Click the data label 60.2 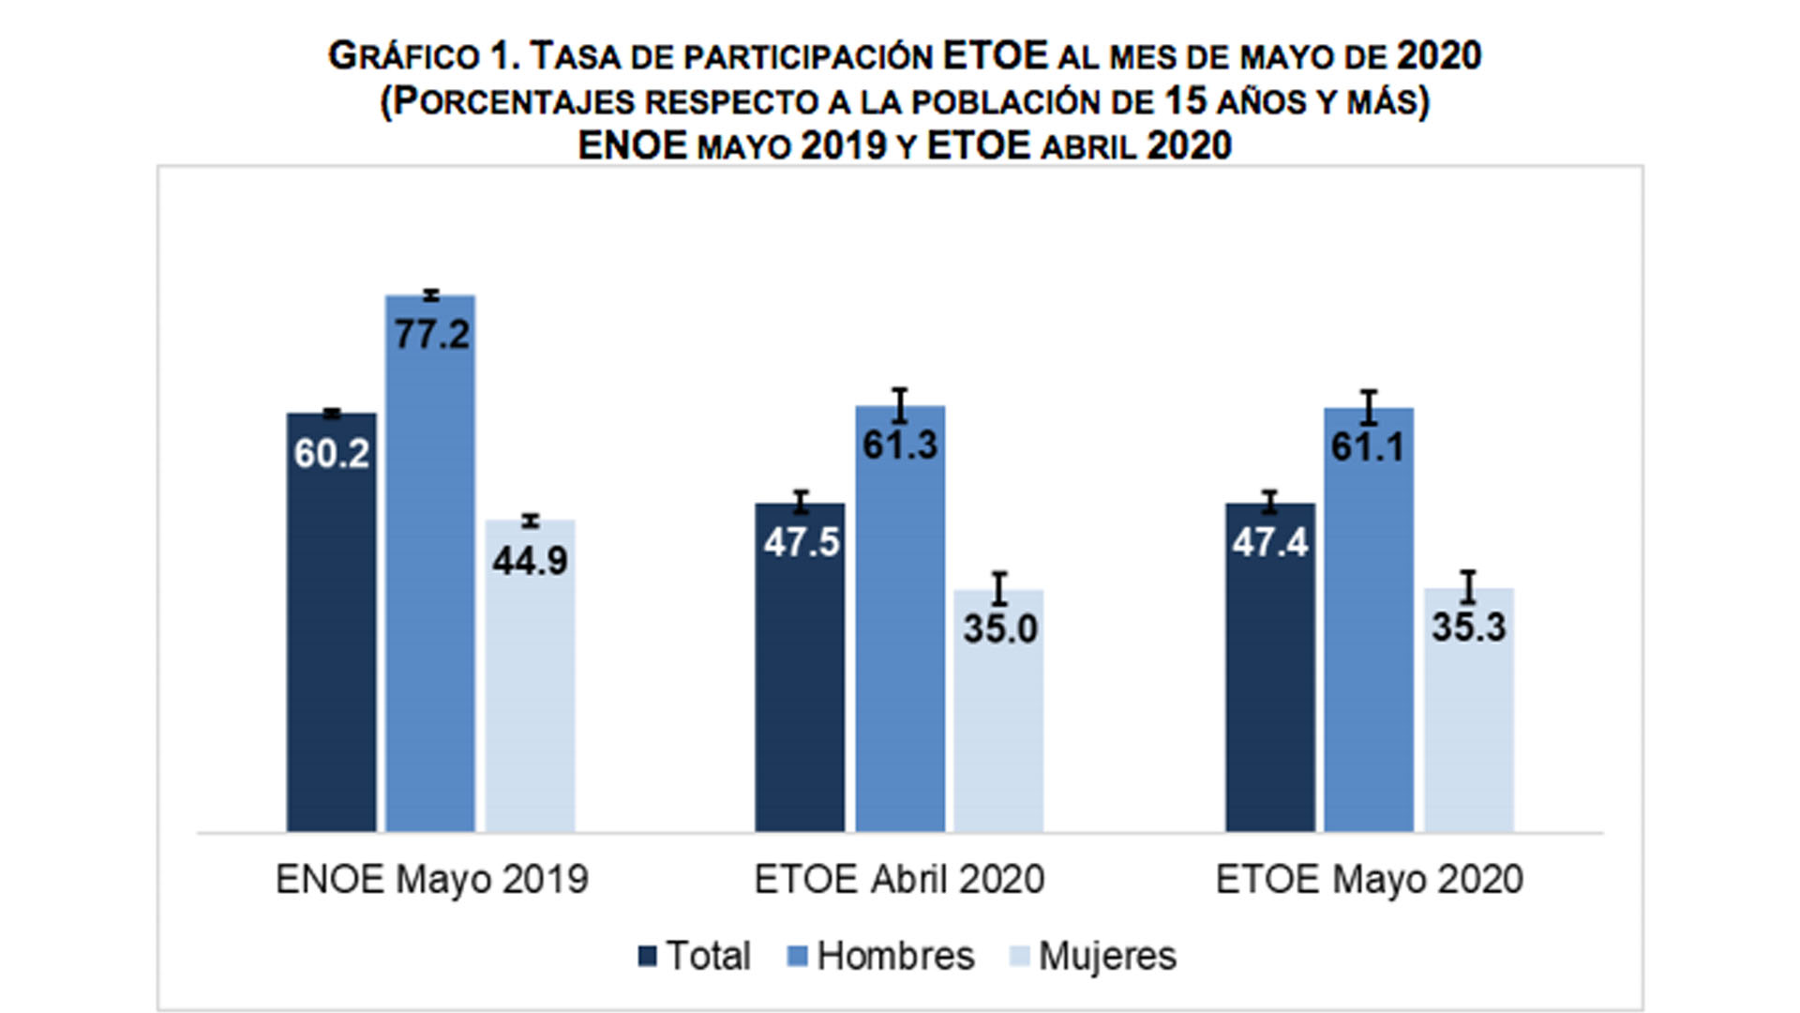[331, 454]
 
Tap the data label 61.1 [1369, 447]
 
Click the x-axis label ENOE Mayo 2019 [431, 880]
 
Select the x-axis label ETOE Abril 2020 [899, 880]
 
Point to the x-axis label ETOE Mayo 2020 [1369, 880]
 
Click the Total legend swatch [647, 957]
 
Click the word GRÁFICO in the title [403, 56]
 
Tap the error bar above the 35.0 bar [999, 588]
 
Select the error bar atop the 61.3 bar [900, 405]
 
